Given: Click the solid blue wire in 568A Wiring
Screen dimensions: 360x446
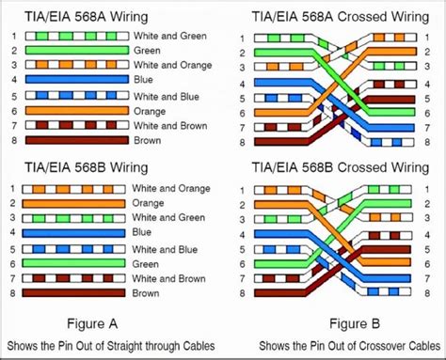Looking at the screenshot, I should (x=75, y=80).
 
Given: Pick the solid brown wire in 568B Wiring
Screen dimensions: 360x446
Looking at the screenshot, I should (x=75, y=293).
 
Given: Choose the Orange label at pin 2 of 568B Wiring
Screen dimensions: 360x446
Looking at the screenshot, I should (x=148, y=202).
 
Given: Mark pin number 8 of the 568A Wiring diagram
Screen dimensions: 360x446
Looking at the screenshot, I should (x=12, y=140).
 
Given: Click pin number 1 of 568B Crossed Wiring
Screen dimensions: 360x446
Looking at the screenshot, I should (x=243, y=187).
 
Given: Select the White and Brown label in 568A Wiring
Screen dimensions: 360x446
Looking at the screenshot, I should (x=169, y=125).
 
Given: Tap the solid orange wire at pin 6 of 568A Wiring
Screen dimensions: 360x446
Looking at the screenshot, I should (x=75, y=110).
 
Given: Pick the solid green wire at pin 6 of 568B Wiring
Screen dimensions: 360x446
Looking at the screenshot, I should (x=75, y=263).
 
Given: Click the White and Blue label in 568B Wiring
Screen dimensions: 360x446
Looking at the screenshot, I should (x=167, y=248).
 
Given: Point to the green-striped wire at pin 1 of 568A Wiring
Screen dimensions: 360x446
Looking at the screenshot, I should (x=75, y=35).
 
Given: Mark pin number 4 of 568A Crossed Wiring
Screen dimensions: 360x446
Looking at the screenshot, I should (x=243, y=83).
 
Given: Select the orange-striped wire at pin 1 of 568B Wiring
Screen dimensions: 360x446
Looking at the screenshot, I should (x=75, y=187).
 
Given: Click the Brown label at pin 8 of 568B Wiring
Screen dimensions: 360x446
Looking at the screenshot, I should (x=146, y=293).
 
